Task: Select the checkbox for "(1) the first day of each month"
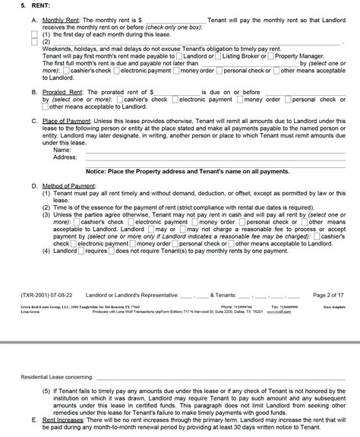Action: coord(35,34)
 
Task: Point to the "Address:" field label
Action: coord(65,157)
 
